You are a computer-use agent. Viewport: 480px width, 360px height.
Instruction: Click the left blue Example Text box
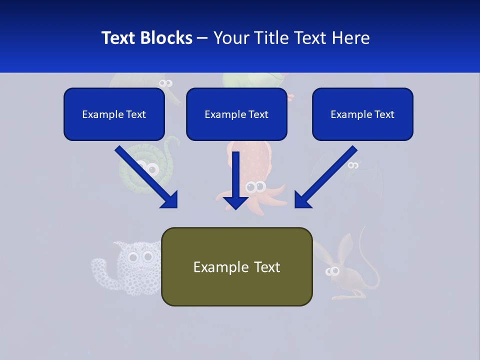(x=114, y=114)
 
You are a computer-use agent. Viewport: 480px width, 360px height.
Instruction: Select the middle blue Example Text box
(x=236, y=114)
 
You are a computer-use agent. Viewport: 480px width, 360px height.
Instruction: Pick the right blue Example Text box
(x=362, y=114)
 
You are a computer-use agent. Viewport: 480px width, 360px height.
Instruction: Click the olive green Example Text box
(x=236, y=267)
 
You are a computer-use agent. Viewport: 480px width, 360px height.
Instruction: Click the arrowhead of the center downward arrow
(x=235, y=202)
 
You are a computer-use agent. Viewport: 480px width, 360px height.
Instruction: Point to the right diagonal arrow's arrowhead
(x=302, y=199)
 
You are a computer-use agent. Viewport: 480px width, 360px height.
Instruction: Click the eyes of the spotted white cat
(x=140, y=257)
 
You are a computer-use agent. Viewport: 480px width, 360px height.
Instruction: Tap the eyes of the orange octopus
(x=255, y=187)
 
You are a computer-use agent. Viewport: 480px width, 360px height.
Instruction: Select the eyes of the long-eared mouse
(x=332, y=271)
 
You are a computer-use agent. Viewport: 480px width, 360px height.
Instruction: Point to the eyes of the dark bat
(x=353, y=165)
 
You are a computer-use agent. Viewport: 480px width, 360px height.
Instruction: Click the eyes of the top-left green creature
(x=165, y=83)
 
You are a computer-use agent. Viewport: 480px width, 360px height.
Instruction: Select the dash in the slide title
(x=202, y=38)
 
